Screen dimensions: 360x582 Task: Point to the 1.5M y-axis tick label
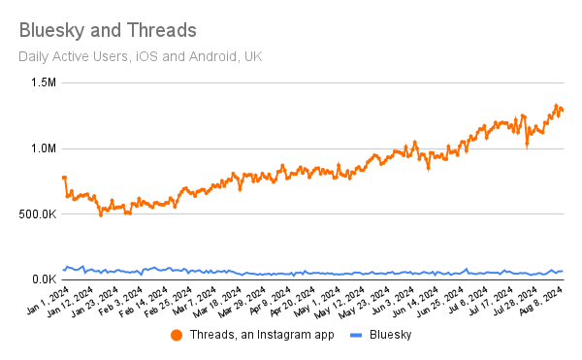(x=41, y=83)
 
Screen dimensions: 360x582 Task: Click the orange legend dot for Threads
(x=177, y=335)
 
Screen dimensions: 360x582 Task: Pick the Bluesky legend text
(x=392, y=335)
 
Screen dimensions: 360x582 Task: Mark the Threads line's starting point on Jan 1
(x=64, y=177)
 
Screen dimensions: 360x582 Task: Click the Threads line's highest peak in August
(x=557, y=106)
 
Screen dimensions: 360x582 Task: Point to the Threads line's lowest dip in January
(x=101, y=214)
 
